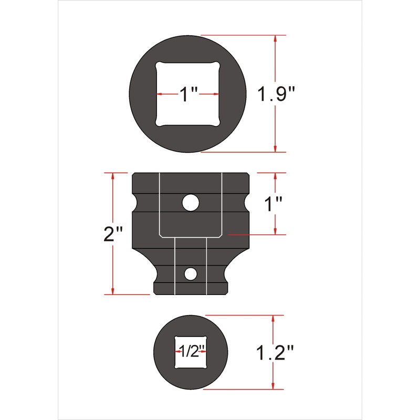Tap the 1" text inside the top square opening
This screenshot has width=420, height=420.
[187, 95]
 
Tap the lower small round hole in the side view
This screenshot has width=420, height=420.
[191, 274]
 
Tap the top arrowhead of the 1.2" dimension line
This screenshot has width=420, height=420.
[273, 318]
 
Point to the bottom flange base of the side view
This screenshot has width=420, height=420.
[191, 289]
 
